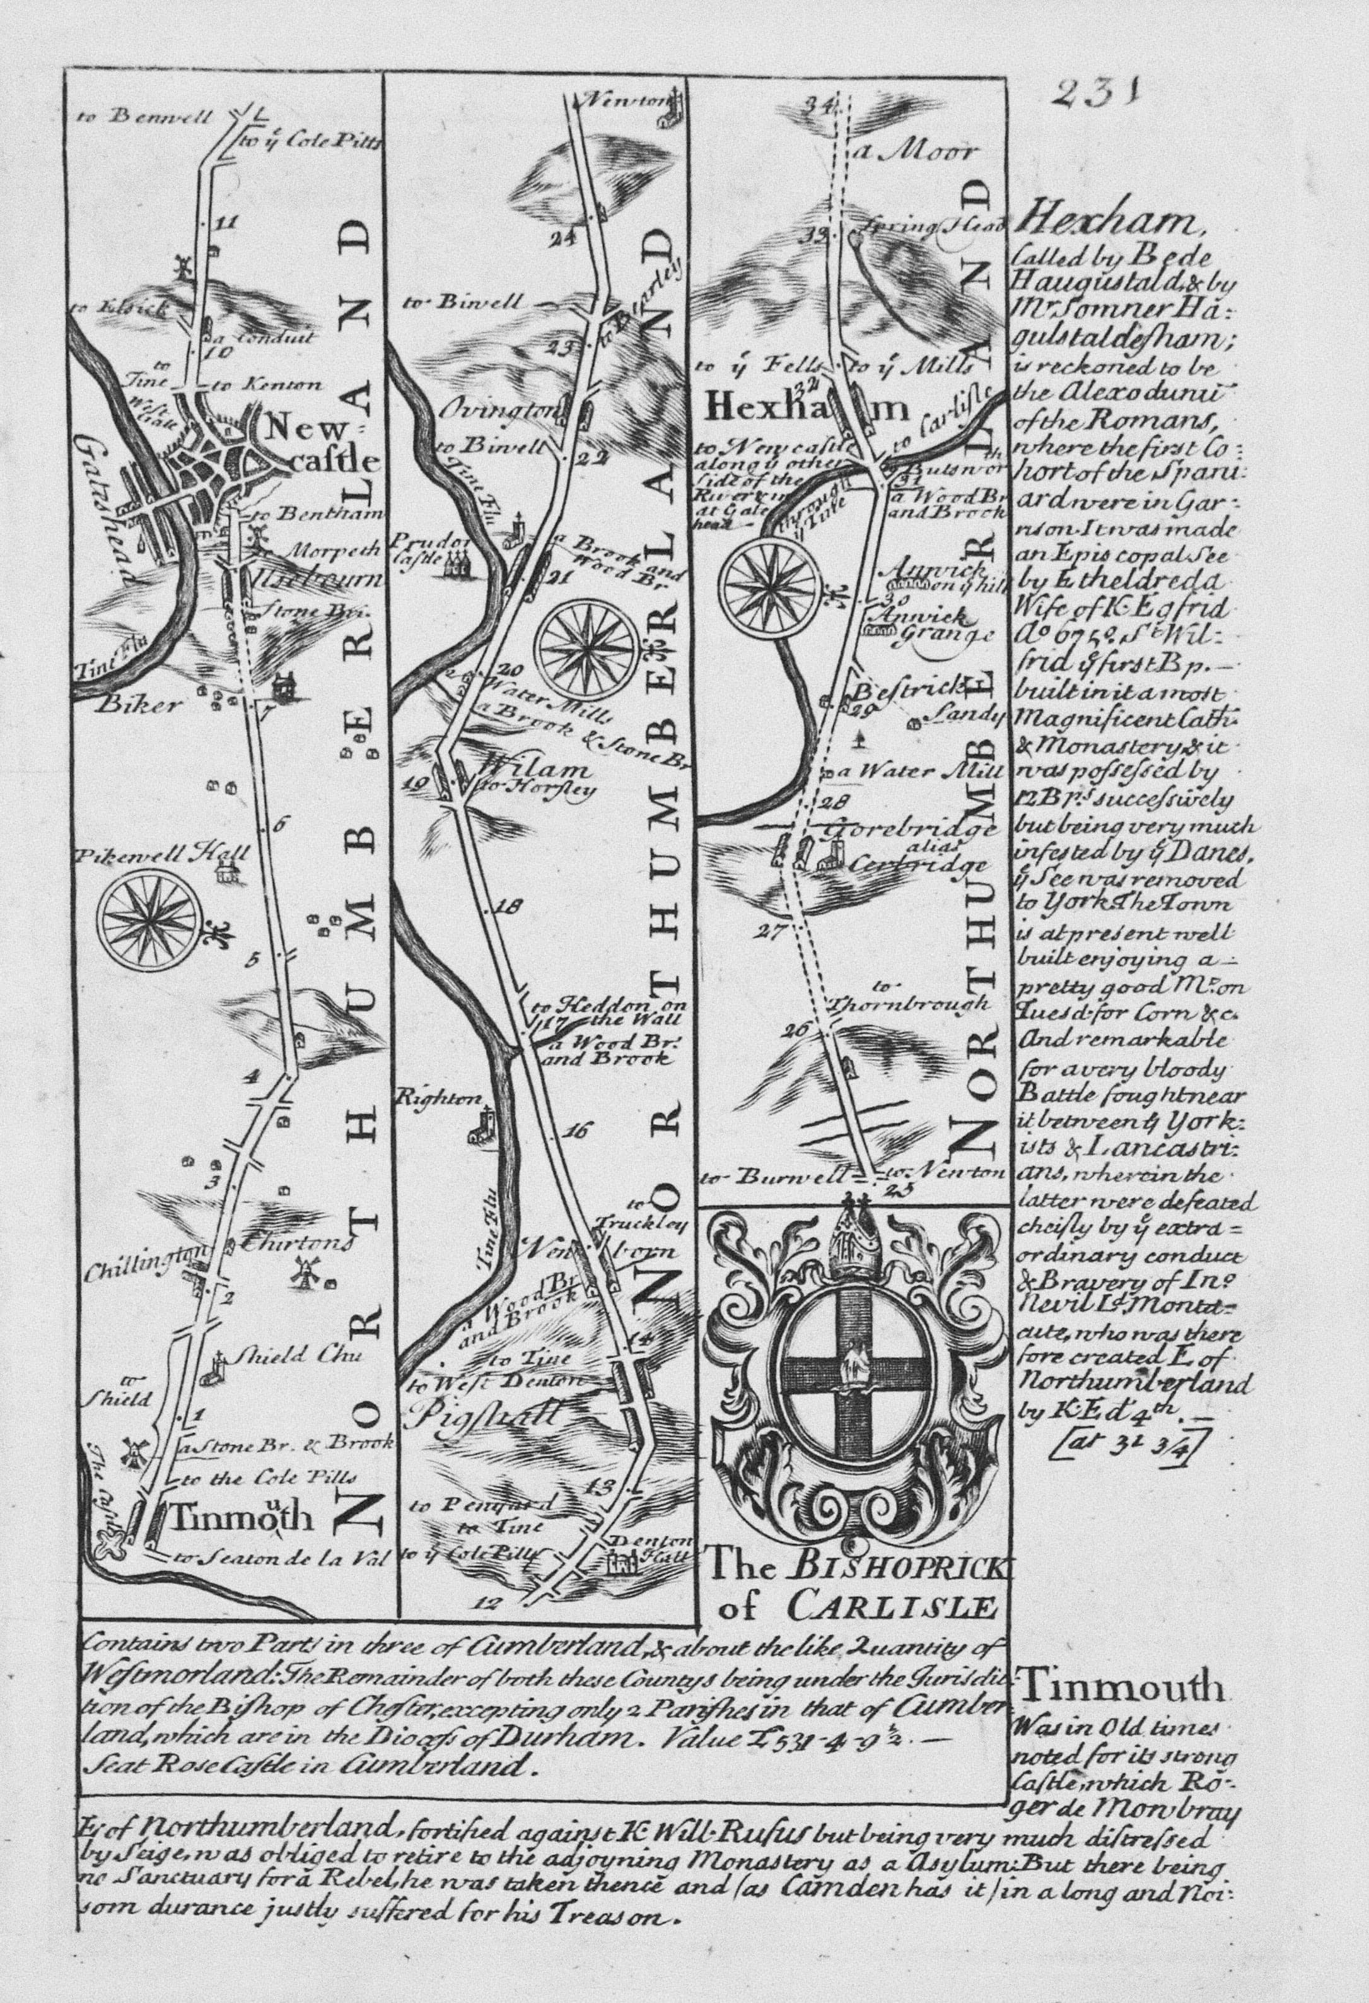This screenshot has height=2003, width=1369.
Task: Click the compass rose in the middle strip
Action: click(x=586, y=644)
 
